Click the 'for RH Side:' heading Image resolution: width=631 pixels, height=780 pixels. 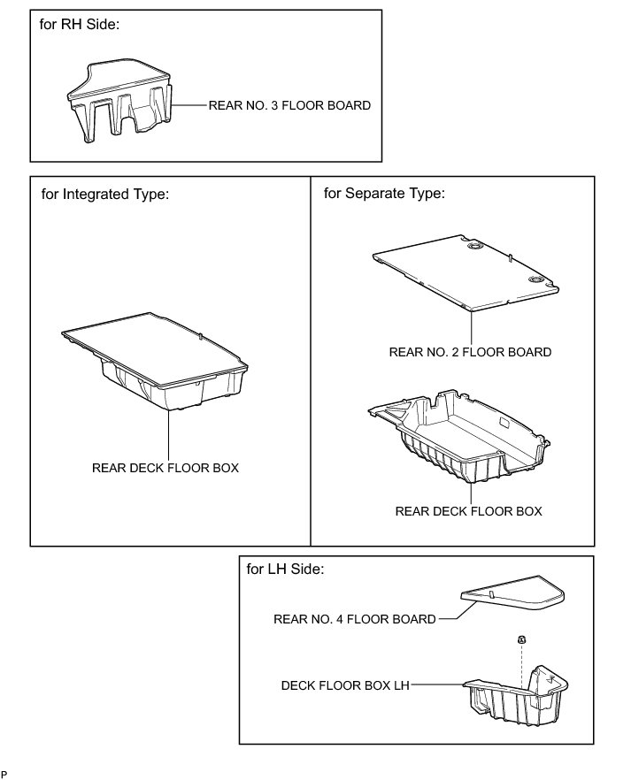(x=80, y=25)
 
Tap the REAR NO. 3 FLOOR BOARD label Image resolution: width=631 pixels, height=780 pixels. (x=289, y=104)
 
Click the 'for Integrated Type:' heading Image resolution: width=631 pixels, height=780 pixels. (x=104, y=195)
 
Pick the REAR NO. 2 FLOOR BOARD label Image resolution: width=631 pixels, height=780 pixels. (x=470, y=352)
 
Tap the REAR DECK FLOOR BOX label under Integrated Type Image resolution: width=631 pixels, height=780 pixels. (x=165, y=468)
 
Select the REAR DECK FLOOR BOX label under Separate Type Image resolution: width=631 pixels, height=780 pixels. (x=468, y=511)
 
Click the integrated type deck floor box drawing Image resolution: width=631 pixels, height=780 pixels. (x=155, y=367)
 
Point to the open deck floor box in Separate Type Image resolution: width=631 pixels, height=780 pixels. (x=460, y=438)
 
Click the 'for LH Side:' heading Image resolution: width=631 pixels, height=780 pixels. (x=286, y=570)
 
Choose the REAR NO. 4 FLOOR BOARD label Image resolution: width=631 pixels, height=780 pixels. (x=355, y=619)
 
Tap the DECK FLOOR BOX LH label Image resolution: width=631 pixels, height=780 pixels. (x=345, y=684)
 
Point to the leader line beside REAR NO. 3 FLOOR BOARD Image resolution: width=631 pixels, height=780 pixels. (x=189, y=104)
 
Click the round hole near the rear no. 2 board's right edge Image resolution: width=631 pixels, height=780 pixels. (x=536, y=279)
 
